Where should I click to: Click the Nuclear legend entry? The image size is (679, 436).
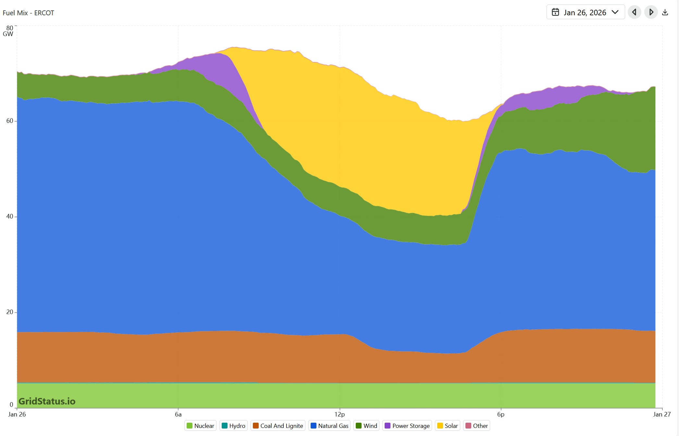pyautogui.click(x=200, y=426)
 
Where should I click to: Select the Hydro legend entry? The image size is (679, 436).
pyautogui.click(x=233, y=426)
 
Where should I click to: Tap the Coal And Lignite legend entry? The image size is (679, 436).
pyautogui.click(x=278, y=426)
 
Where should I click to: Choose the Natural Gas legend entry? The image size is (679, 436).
pyautogui.click(x=329, y=426)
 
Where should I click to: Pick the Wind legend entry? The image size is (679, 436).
pyautogui.click(x=366, y=426)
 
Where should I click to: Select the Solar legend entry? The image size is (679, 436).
pyautogui.click(x=448, y=426)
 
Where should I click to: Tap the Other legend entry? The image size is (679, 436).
pyautogui.click(x=476, y=426)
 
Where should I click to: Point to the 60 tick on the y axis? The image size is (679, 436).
pyautogui.click(x=10, y=121)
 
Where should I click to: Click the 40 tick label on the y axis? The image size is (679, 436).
pyautogui.click(x=10, y=216)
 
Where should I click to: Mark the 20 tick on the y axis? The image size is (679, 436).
pyautogui.click(x=10, y=312)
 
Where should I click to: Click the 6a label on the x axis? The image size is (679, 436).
pyautogui.click(x=178, y=414)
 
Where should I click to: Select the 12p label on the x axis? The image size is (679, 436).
pyautogui.click(x=339, y=414)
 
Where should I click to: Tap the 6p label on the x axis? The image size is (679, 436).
pyautogui.click(x=501, y=414)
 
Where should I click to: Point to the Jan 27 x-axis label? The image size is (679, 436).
pyautogui.click(x=662, y=414)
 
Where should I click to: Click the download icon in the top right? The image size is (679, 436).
pyautogui.click(x=665, y=12)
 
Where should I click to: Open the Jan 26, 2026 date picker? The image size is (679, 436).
pyautogui.click(x=585, y=12)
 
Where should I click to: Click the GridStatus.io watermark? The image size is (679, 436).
pyautogui.click(x=47, y=401)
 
